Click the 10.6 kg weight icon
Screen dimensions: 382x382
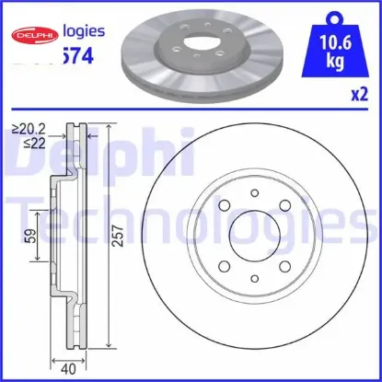343,39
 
